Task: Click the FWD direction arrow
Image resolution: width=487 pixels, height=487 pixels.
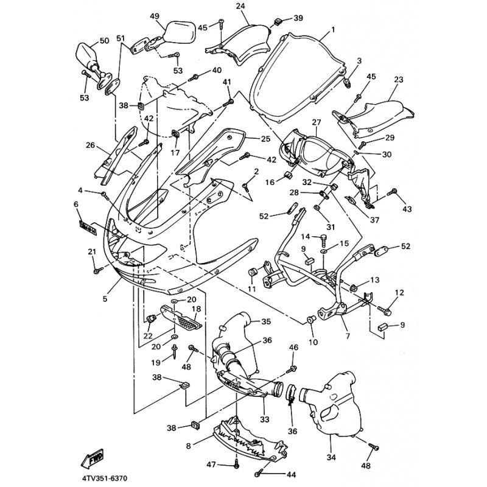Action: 93,459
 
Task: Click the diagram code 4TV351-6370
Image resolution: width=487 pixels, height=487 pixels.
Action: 105,478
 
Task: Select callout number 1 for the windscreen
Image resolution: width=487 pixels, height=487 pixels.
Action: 333,30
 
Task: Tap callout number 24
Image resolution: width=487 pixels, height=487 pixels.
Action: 240,6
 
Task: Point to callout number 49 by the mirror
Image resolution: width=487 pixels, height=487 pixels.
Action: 155,16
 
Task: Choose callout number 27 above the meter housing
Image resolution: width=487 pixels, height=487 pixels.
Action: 317,122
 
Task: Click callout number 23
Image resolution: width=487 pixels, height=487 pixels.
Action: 399,80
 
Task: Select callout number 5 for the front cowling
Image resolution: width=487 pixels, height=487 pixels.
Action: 105,299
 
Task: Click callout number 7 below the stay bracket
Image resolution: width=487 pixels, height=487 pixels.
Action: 348,336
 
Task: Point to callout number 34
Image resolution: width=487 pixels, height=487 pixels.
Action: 331,457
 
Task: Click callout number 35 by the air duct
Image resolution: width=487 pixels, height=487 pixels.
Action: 266,321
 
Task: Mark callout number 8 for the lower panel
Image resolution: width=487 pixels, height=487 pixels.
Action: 189,446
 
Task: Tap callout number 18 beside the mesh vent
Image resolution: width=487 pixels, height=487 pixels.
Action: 196,309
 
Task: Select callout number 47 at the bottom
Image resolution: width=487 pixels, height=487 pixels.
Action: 211,464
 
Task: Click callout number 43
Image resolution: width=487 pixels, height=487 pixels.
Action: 407,209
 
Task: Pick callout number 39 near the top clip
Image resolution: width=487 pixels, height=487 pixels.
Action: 298,18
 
